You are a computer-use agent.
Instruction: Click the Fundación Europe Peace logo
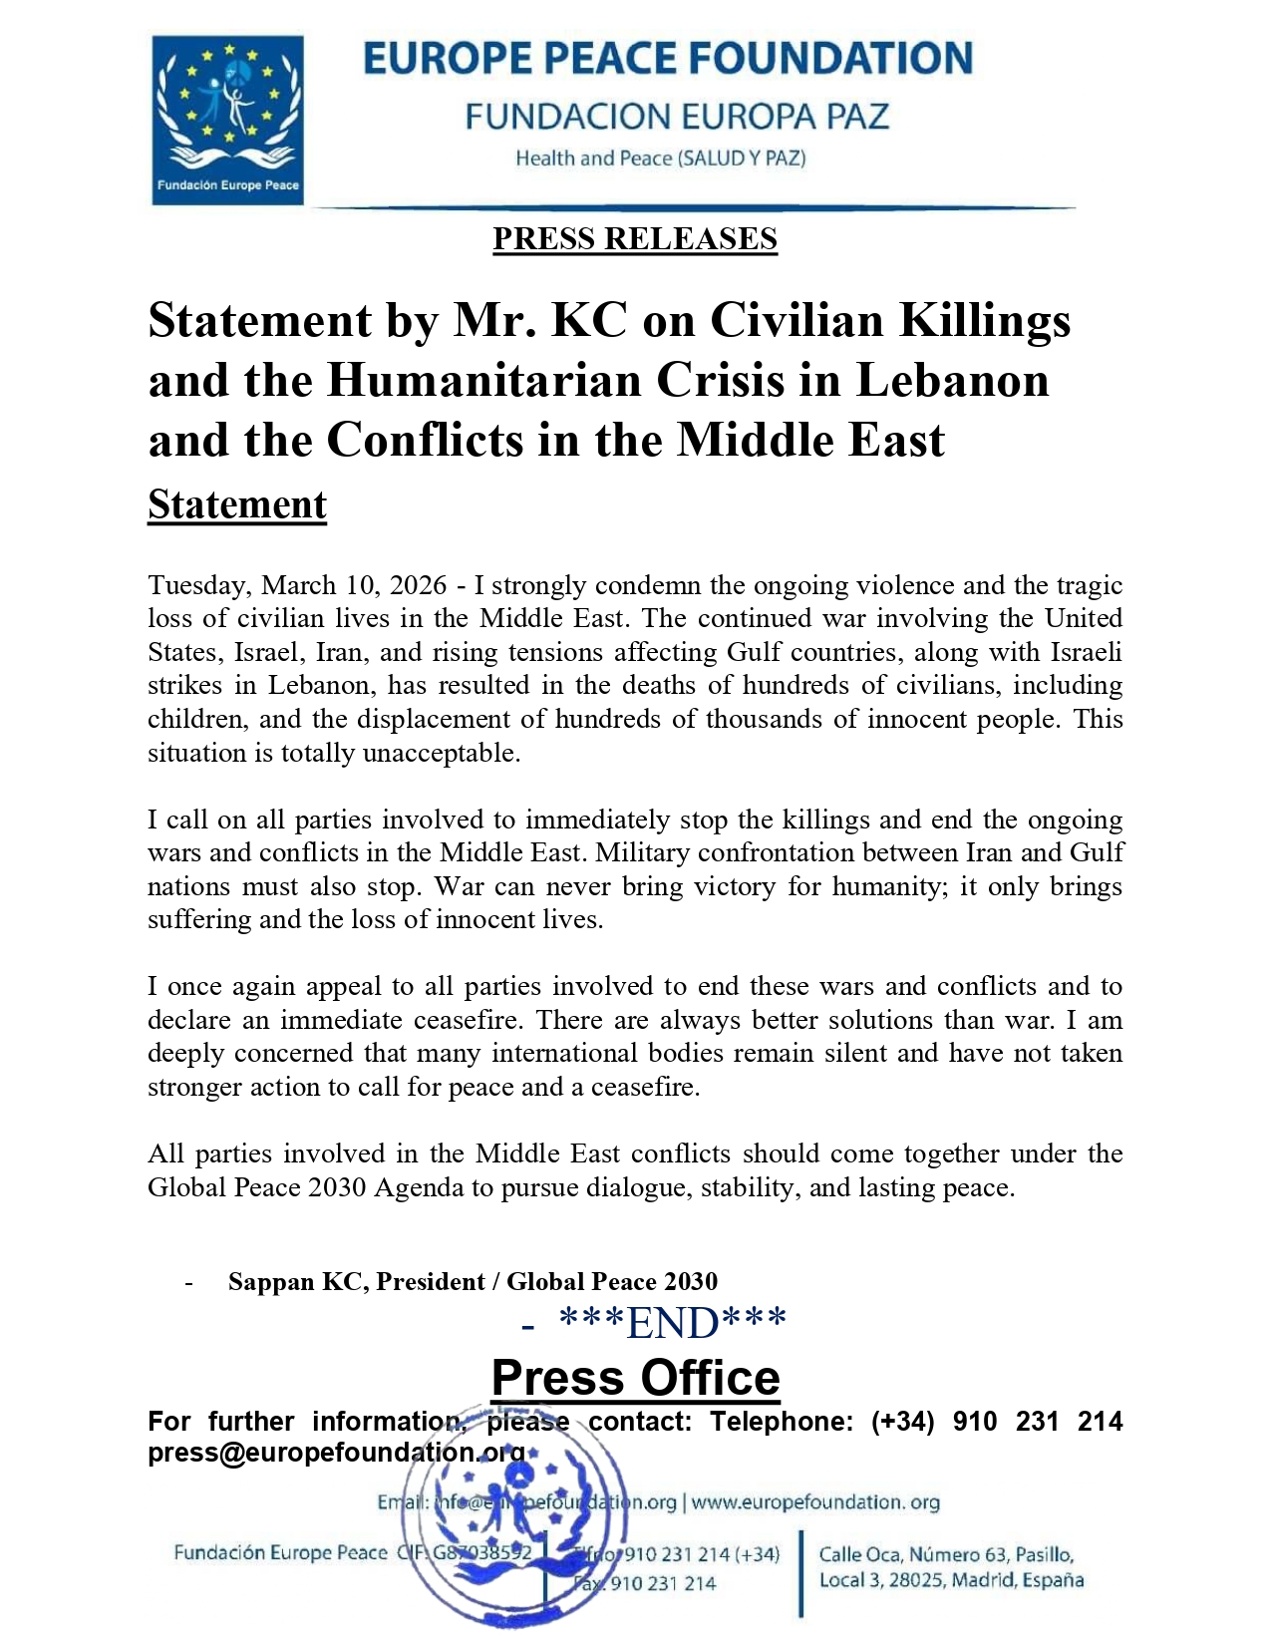click(x=227, y=120)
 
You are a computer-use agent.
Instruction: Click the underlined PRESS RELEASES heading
click(x=634, y=239)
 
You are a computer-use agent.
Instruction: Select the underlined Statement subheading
click(x=237, y=504)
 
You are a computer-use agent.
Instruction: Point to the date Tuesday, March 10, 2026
click(x=297, y=585)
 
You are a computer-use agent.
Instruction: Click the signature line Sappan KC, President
click(x=473, y=1281)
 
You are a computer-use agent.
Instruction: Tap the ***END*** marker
click(x=673, y=1323)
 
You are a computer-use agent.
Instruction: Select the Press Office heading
click(x=635, y=1378)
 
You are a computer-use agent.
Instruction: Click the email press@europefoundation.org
click(x=336, y=1453)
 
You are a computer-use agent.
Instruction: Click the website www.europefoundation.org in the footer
click(x=815, y=1502)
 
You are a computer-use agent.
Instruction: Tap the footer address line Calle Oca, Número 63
click(x=945, y=1554)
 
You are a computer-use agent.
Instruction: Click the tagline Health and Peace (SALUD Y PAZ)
click(x=660, y=159)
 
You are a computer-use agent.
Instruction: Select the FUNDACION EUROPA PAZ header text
click(x=676, y=117)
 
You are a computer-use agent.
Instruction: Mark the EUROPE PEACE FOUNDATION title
click(x=667, y=59)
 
